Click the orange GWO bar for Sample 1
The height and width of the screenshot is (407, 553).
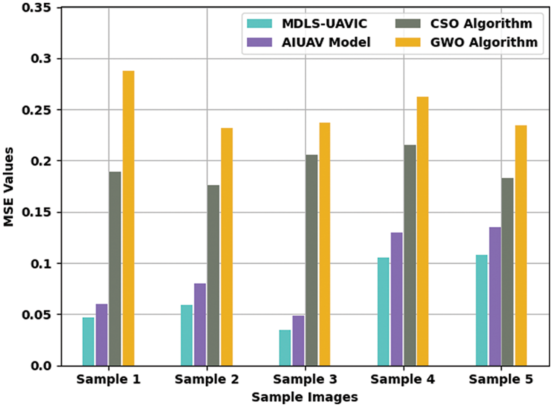coord(128,218)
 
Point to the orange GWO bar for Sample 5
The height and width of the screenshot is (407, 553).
coord(521,246)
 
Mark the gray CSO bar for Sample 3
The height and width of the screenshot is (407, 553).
coord(311,260)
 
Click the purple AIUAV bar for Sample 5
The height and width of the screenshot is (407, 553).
coord(495,297)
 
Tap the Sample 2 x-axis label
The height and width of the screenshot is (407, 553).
coord(207,380)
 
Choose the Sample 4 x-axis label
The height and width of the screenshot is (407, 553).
coord(403,380)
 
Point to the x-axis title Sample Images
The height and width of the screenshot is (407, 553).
coord(304,397)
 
